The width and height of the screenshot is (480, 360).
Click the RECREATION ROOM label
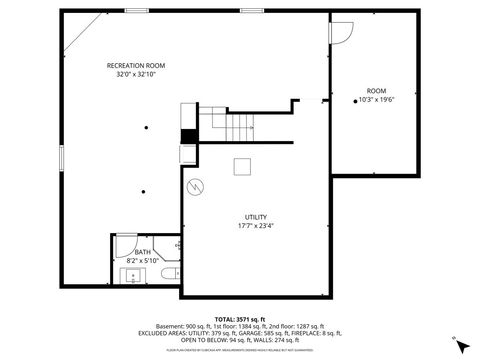click(136, 65)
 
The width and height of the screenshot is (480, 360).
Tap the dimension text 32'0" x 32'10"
click(136, 74)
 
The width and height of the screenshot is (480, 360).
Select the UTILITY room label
click(256, 217)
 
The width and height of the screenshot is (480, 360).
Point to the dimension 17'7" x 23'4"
click(256, 226)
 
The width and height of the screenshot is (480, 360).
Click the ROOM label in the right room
click(375, 91)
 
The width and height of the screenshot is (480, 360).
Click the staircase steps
click(239, 126)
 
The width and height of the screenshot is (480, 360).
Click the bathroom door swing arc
click(177, 244)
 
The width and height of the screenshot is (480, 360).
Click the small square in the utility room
click(243, 167)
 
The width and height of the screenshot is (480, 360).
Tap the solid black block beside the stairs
click(187, 137)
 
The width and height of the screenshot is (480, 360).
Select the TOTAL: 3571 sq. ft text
click(239, 318)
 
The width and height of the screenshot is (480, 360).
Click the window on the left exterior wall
click(61, 158)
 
